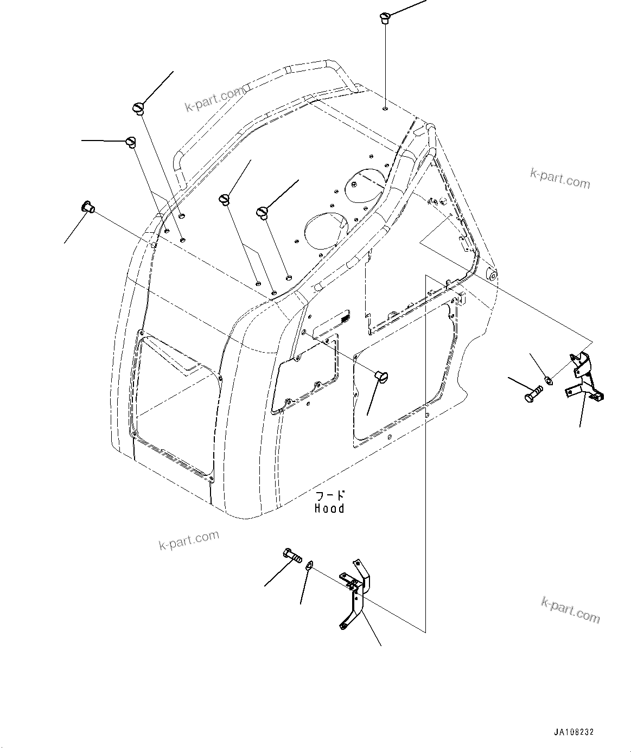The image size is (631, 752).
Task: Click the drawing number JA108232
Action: coord(573,732)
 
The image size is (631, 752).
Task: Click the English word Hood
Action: coord(329,508)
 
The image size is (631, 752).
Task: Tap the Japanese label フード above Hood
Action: coord(329,495)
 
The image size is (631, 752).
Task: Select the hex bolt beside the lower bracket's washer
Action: coord(292,556)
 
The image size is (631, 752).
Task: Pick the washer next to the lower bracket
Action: coord(309,565)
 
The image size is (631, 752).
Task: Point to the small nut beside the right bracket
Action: coord(548,380)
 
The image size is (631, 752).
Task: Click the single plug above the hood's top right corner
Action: coord(386,17)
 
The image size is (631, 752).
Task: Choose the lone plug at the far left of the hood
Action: coord(88,206)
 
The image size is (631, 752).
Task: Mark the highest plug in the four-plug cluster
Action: coord(138,108)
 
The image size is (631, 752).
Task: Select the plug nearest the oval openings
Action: coord(263,212)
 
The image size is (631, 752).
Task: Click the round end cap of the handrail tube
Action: coord(493,275)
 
